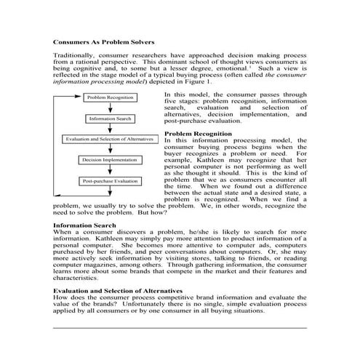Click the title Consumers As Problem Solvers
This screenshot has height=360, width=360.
click(x=103, y=43)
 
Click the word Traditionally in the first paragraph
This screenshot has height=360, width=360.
click(x=74, y=56)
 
